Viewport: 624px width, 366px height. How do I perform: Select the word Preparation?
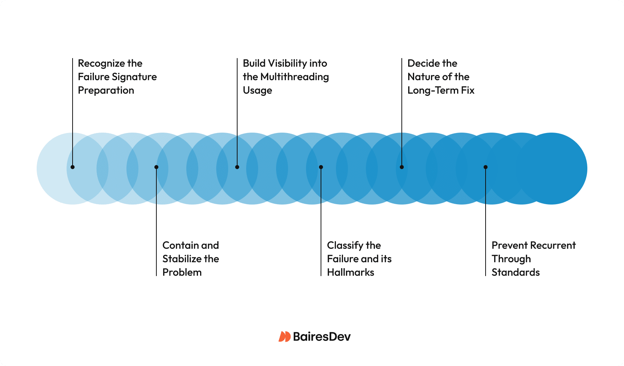tap(106, 90)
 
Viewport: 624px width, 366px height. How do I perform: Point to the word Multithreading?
tap(294, 77)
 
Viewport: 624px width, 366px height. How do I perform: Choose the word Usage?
tap(257, 91)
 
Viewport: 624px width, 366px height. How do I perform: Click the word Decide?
tap(422, 63)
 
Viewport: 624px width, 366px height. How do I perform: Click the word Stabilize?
tap(182, 259)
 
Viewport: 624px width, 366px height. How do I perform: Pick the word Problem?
tap(182, 272)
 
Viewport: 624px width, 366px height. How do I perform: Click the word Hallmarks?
tap(351, 272)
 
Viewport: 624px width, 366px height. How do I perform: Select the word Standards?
tap(516, 272)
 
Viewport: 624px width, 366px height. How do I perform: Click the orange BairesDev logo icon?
tap(285, 336)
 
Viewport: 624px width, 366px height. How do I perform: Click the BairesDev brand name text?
tap(322, 336)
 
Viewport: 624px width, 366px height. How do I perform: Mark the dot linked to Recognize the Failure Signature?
tap(73, 167)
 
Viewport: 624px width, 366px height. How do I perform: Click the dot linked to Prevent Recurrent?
tap(486, 167)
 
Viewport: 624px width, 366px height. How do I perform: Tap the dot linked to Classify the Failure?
tap(321, 167)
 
